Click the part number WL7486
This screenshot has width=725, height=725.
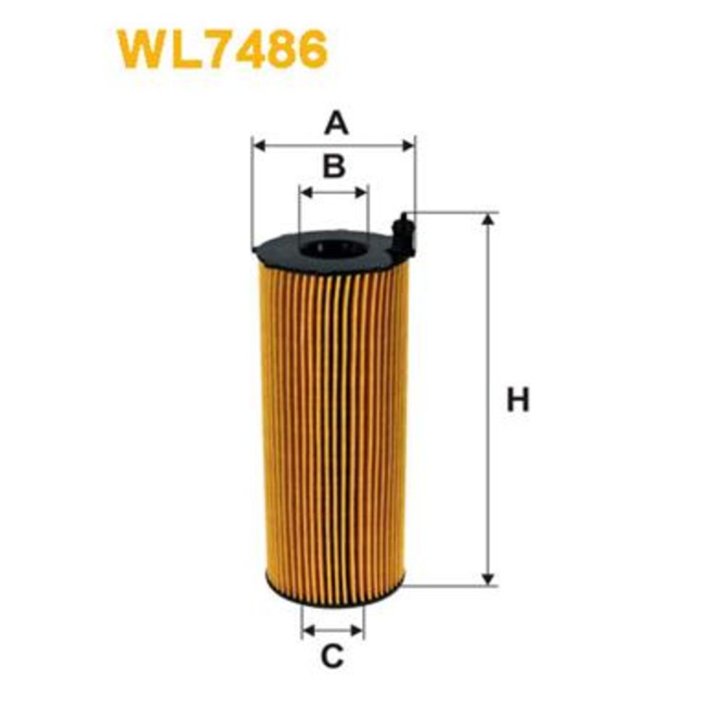click(x=223, y=49)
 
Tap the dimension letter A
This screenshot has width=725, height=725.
click(x=336, y=123)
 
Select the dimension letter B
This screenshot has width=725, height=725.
click(x=334, y=167)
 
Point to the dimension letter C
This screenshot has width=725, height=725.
click(x=332, y=656)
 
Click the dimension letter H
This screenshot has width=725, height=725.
click(x=518, y=400)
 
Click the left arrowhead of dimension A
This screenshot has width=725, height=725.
click(x=260, y=146)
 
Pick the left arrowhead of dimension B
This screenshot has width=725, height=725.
click(x=306, y=192)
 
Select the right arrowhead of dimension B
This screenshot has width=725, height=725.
click(x=362, y=192)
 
